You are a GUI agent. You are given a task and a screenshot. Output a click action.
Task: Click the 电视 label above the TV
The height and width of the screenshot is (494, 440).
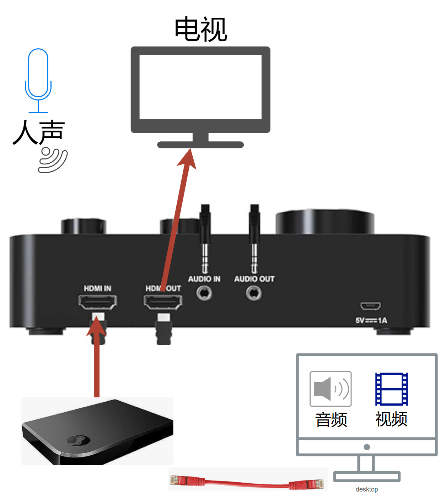(201, 29)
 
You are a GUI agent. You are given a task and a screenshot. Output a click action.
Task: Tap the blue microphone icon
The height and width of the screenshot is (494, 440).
(38, 80)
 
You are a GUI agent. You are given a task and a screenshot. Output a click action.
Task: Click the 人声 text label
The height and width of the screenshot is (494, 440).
(39, 132)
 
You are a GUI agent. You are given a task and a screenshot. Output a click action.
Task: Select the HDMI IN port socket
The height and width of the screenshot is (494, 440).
(98, 303)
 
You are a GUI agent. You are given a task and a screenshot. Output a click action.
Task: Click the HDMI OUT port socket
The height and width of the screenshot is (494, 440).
(163, 303)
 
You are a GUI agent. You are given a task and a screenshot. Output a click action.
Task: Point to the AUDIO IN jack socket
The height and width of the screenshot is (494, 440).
(204, 293)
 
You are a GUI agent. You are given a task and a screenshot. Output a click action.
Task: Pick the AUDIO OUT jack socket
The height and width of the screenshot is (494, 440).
(254, 293)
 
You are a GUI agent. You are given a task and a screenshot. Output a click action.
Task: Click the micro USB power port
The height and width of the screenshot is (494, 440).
(370, 306)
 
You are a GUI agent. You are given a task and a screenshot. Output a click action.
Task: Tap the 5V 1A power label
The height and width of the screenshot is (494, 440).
(371, 320)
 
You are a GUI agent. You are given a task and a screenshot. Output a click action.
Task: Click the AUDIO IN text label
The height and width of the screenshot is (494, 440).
(204, 279)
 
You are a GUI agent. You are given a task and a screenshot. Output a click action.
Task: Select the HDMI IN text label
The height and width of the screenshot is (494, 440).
(97, 288)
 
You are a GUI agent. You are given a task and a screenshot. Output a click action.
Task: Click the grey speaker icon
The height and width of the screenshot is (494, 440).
(331, 389)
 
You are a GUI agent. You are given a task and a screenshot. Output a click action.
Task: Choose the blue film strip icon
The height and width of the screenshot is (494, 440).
(391, 389)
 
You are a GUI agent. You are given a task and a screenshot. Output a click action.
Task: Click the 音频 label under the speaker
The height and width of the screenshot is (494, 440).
(331, 420)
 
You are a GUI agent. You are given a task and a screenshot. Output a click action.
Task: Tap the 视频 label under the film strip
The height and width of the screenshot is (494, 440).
(391, 419)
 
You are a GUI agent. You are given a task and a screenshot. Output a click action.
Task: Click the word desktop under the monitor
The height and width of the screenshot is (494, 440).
(367, 489)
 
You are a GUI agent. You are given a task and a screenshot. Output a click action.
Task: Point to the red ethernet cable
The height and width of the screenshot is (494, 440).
(247, 482)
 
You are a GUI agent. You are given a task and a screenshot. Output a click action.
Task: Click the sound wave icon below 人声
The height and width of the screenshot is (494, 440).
(53, 161)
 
